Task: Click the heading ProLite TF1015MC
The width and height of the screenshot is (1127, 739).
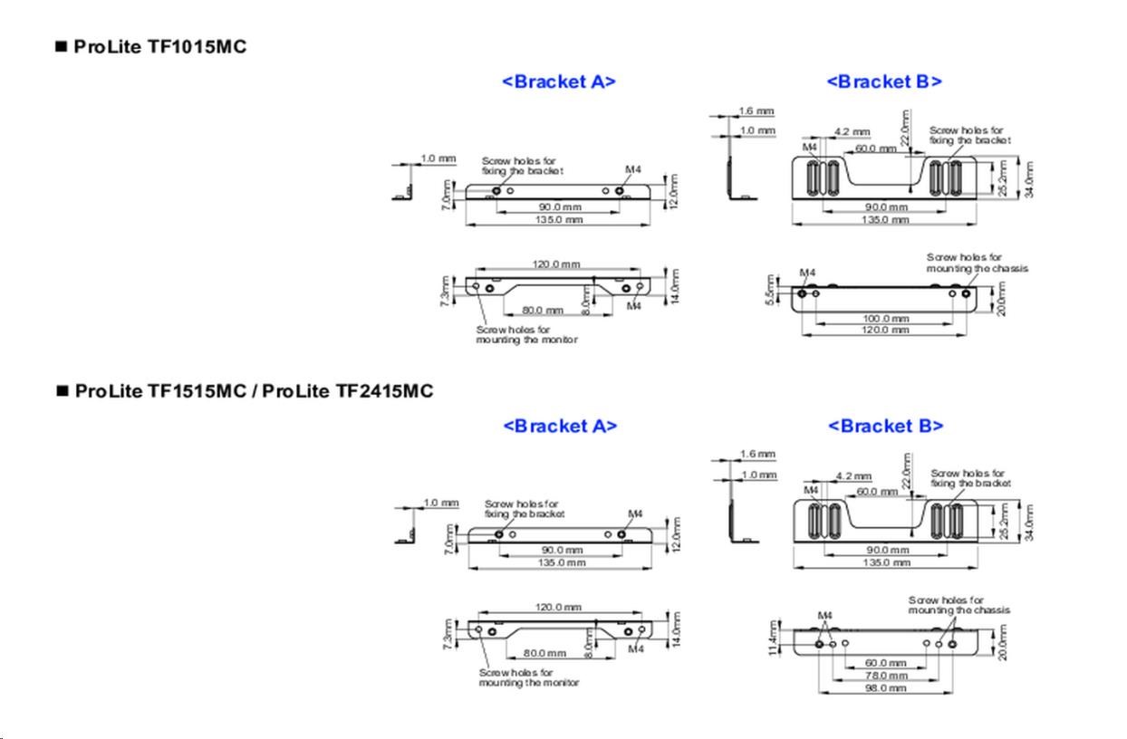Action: (159, 47)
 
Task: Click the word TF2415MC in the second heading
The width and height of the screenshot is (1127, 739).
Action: (384, 391)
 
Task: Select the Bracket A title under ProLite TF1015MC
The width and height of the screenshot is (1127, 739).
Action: (559, 82)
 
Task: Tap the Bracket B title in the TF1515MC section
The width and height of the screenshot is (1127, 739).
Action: (885, 426)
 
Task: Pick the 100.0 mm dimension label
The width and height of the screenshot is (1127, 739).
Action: (885, 319)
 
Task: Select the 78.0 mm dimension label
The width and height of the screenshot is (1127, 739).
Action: (885, 676)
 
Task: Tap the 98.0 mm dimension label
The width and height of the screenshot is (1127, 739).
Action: (885, 688)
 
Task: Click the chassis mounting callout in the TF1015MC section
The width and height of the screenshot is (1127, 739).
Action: (977, 263)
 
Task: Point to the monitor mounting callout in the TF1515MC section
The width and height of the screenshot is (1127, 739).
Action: (529, 677)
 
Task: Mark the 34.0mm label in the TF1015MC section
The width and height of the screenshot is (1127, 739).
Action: (1029, 179)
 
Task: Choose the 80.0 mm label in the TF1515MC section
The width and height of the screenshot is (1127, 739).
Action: (544, 653)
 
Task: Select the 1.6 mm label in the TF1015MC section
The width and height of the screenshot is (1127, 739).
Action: (756, 111)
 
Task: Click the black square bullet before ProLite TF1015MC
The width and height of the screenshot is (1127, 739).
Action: (62, 47)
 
